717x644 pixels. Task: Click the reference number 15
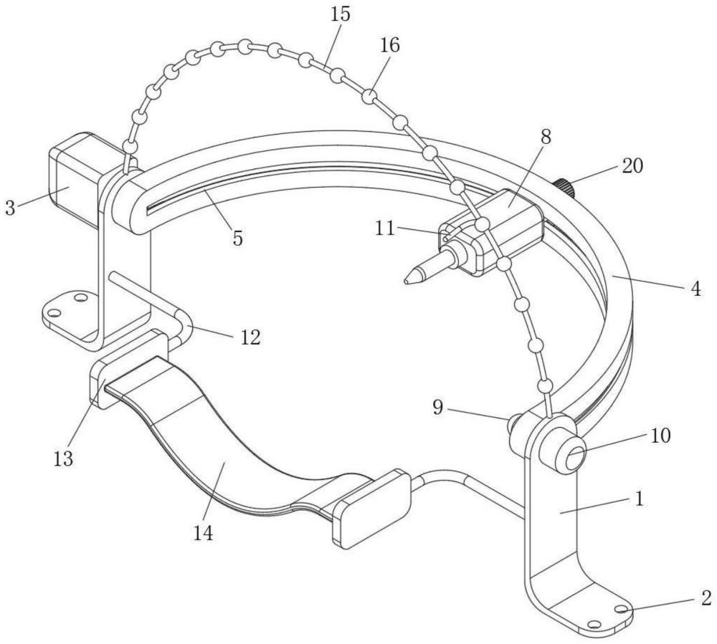(x=341, y=14)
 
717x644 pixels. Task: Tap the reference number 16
(x=389, y=45)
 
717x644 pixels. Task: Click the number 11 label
(x=385, y=229)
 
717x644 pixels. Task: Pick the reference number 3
(x=10, y=208)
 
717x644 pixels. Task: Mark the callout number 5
(x=237, y=238)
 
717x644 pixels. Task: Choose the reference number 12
(x=250, y=337)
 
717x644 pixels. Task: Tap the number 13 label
(x=63, y=458)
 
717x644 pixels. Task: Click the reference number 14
(x=203, y=532)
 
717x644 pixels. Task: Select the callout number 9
(x=438, y=407)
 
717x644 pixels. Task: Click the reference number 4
(x=695, y=289)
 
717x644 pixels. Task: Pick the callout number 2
(x=706, y=598)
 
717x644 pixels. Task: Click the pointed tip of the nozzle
(x=406, y=282)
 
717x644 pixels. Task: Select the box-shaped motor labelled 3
(x=75, y=181)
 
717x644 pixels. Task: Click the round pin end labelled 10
(x=575, y=458)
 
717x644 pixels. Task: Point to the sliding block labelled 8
(x=504, y=230)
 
